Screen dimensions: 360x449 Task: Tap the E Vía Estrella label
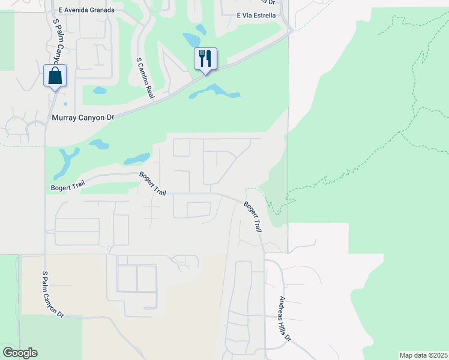[256, 15]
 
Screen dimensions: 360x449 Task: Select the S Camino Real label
[145, 79]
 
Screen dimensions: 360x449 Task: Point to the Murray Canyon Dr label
[83, 118]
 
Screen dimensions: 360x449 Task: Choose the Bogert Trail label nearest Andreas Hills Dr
[253, 217]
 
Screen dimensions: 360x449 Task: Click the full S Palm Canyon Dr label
[52, 294]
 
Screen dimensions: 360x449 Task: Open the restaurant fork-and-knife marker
[205, 59]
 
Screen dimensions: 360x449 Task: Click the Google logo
[20, 353]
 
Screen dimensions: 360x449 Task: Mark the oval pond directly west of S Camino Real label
[100, 91]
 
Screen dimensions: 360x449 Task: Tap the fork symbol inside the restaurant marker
[202, 58]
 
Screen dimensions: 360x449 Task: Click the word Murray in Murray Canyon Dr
[65, 118]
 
